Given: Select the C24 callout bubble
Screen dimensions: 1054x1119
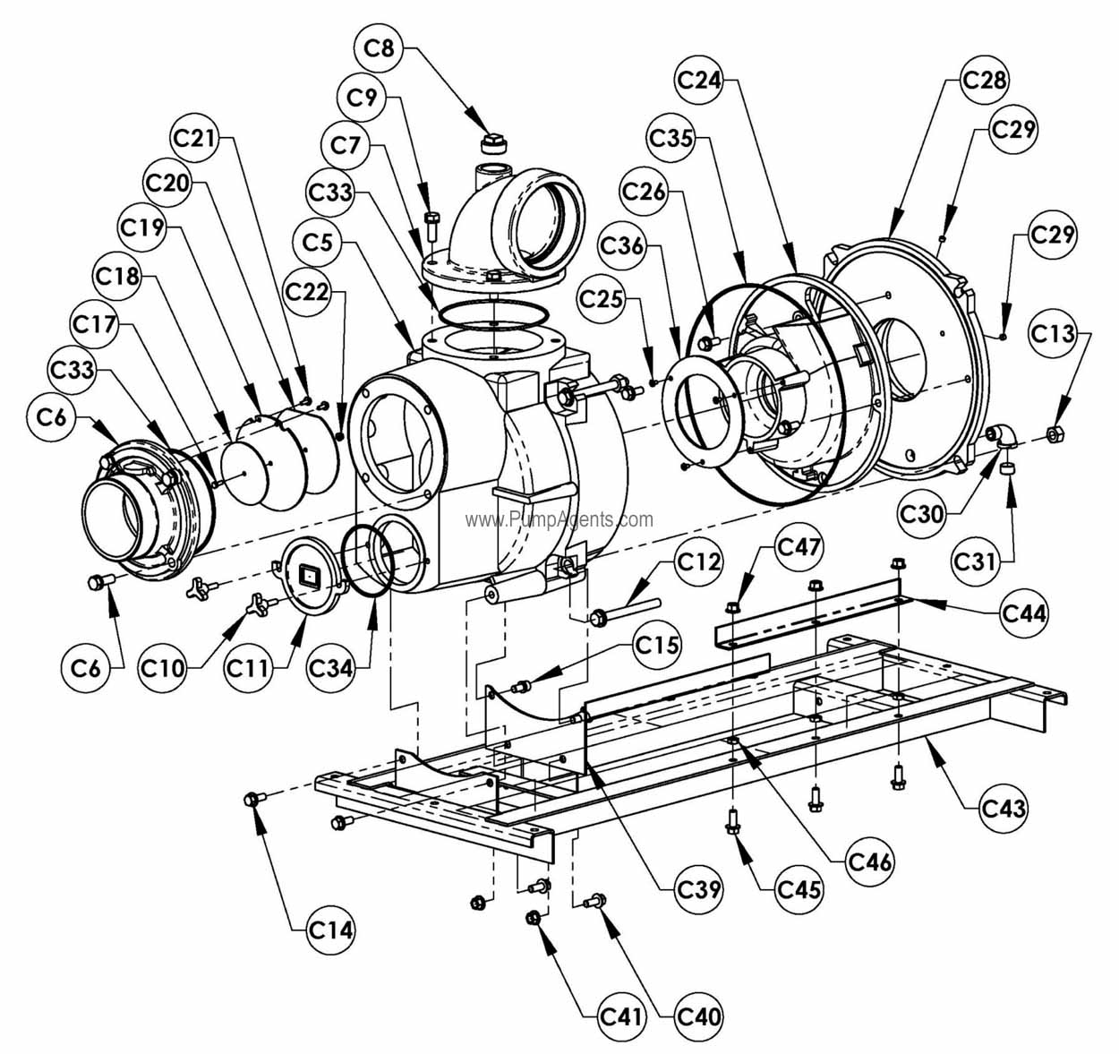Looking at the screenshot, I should tap(698, 81).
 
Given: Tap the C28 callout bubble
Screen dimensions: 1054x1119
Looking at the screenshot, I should tap(984, 79).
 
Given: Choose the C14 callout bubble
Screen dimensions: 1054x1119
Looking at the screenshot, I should tap(330, 930).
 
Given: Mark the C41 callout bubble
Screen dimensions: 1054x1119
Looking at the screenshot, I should tap(621, 1015).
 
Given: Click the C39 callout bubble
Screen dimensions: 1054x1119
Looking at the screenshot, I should tap(699, 889).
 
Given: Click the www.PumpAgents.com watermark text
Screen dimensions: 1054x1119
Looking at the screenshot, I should tap(559, 519).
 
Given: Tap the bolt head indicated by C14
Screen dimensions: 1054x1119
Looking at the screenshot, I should tap(252, 799).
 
